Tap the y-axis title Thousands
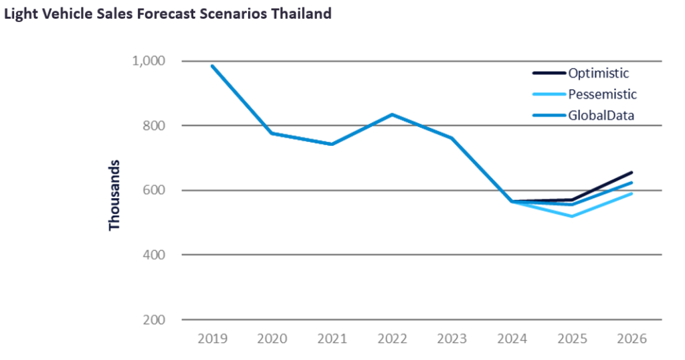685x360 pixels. point(114,195)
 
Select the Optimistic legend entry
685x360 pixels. point(598,73)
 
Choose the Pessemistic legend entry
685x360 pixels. point(602,94)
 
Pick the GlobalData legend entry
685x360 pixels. point(601,115)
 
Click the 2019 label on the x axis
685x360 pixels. point(212,339)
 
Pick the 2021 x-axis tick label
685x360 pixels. point(332,339)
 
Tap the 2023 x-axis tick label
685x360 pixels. point(452,339)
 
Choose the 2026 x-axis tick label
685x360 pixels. point(632,339)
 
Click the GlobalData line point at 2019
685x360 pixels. point(212,66)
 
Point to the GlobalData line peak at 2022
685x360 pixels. point(392,114)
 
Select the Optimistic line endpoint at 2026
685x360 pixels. point(631,173)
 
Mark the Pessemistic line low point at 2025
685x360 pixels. point(572,216)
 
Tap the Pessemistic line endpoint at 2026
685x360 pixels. point(631,194)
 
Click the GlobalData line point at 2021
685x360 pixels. point(332,144)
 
